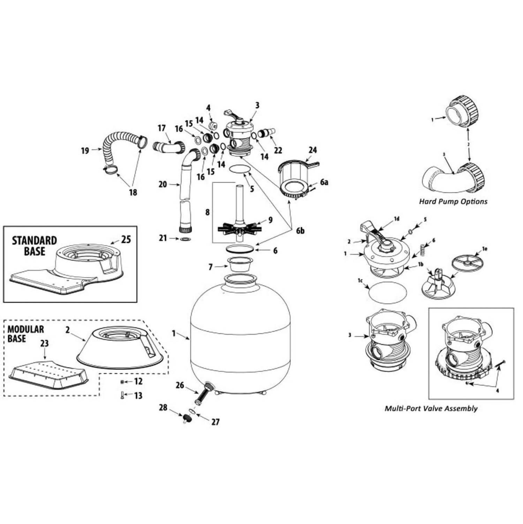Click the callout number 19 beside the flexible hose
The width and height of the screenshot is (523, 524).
pos(85,151)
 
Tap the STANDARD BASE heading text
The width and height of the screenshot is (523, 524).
pos(34,246)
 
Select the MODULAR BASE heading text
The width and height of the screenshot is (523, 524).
pos(26,334)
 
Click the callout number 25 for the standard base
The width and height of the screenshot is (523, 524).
pos(126,240)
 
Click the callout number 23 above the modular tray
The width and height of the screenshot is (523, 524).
pos(44,344)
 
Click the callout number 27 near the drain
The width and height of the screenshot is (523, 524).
pos(215,422)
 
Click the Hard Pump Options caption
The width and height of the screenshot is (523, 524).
pos(453,201)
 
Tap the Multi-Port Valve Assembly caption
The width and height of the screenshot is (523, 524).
pos(431,408)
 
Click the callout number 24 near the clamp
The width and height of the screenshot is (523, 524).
pos(312,150)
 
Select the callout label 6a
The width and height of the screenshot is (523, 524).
pos(324,182)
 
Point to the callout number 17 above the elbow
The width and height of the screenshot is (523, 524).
pos(161,128)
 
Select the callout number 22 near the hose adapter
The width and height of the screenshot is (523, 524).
pos(278,150)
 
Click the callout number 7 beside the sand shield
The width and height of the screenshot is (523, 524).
pos(210,267)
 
